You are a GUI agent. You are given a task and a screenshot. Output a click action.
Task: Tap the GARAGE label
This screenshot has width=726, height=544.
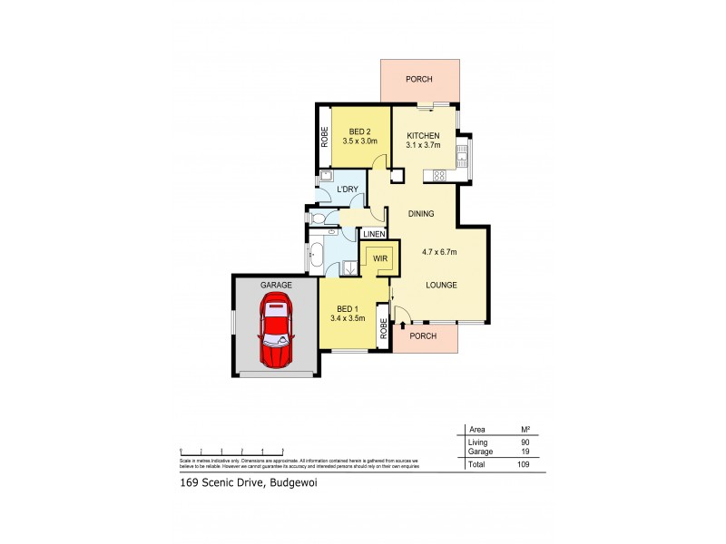coord(277,285)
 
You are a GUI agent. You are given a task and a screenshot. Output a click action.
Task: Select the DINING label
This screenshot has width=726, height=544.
coord(421,214)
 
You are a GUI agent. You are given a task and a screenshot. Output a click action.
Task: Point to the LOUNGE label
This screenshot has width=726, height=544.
coord(441,286)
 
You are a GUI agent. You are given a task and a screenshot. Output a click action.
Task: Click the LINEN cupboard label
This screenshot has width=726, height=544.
coord(374,234)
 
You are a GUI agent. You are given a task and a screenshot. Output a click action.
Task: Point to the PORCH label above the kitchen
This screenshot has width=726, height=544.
coord(419,78)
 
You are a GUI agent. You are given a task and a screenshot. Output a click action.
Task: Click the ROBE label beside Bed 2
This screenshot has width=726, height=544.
coord(324,136)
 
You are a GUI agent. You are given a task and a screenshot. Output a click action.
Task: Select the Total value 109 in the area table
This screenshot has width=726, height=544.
coord(524,463)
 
